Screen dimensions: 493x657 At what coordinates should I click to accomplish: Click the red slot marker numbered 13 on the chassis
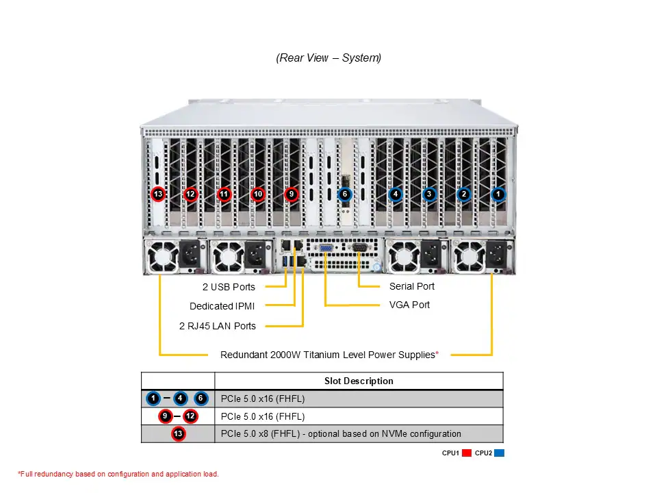158,194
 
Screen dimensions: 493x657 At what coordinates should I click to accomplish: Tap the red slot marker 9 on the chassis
292,194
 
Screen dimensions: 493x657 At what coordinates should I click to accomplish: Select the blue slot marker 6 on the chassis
345,194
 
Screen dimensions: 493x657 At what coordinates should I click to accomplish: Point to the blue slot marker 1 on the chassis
498,194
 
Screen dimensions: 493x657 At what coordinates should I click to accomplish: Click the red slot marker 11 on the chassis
224,194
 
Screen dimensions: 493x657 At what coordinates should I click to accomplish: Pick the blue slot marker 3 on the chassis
429,194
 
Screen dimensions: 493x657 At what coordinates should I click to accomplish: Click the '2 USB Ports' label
229,287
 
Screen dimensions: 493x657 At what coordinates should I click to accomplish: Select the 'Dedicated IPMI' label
222,306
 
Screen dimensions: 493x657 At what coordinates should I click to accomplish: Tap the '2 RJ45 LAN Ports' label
218,326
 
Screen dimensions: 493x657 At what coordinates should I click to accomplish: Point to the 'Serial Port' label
411,286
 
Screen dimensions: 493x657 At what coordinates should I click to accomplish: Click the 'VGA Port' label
409,305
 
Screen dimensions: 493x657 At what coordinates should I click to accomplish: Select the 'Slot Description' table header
359,381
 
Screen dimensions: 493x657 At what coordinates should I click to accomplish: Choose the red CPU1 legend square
467,453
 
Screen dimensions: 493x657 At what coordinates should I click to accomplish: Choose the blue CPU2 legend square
499,453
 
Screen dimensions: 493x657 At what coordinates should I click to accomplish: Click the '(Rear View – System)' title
328,58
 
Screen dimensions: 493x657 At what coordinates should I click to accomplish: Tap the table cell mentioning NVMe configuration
341,433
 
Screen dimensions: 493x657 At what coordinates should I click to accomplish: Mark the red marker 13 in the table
178,433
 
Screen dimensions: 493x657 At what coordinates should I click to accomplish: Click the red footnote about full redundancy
118,474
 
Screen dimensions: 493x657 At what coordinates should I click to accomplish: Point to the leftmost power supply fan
162,257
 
